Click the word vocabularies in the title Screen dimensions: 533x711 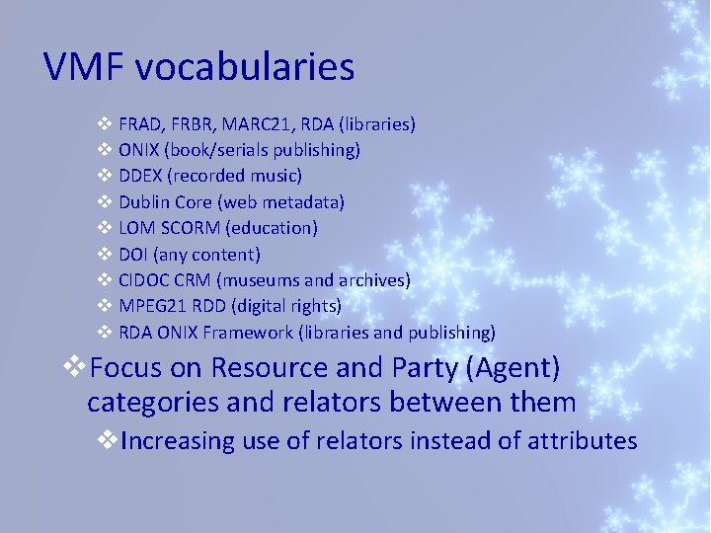[245, 67]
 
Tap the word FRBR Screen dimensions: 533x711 [195, 124]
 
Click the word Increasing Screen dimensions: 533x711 [179, 440]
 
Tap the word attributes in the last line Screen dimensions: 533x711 [582, 440]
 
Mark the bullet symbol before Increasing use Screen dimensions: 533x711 [108, 439]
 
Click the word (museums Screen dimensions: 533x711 [260, 280]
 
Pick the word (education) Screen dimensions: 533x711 [272, 228]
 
